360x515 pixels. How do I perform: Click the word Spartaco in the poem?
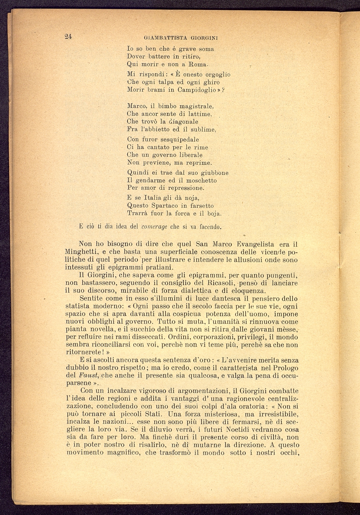pyautogui.click(x=165, y=206)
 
